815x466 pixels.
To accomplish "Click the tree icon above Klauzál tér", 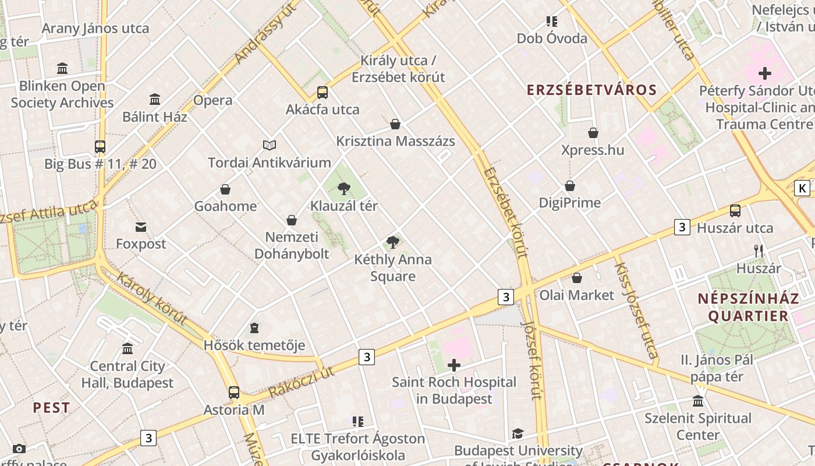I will click(x=344, y=188).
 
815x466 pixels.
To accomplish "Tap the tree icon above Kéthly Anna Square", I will click(x=393, y=242).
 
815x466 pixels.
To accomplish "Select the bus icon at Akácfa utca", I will click(x=323, y=92).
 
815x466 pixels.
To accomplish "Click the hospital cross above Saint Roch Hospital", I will click(x=453, y=365).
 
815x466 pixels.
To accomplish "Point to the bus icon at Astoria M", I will click(x=234, y=393).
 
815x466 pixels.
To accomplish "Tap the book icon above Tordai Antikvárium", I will click(x=269, y=145).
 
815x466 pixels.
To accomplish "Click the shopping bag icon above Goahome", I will click(x=225, y=189).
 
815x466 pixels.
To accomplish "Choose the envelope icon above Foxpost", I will click(x=141, y=227).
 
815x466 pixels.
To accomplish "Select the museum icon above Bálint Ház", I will click(x=155, y=100).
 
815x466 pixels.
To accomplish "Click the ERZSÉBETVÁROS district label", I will click(x=591, y=90).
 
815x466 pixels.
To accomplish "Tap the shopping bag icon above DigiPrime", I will click(x=570, y=186).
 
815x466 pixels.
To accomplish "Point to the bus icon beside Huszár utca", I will click(x=735, y=211).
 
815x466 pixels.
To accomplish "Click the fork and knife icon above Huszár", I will click(x=759, y=251).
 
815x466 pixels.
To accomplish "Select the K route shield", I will click(x=802, y=188).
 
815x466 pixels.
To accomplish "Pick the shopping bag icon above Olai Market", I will click(x=577, y=278).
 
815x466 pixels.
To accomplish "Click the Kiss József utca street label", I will click(x=636, y=310).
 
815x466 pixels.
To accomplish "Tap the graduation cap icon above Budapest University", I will click(x=518, y=433).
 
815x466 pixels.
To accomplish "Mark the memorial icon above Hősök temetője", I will click(x=254, y=329).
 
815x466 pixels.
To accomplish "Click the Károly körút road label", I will click(x=151, y=298).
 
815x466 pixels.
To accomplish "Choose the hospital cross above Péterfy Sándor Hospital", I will click(x=765, y=73).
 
